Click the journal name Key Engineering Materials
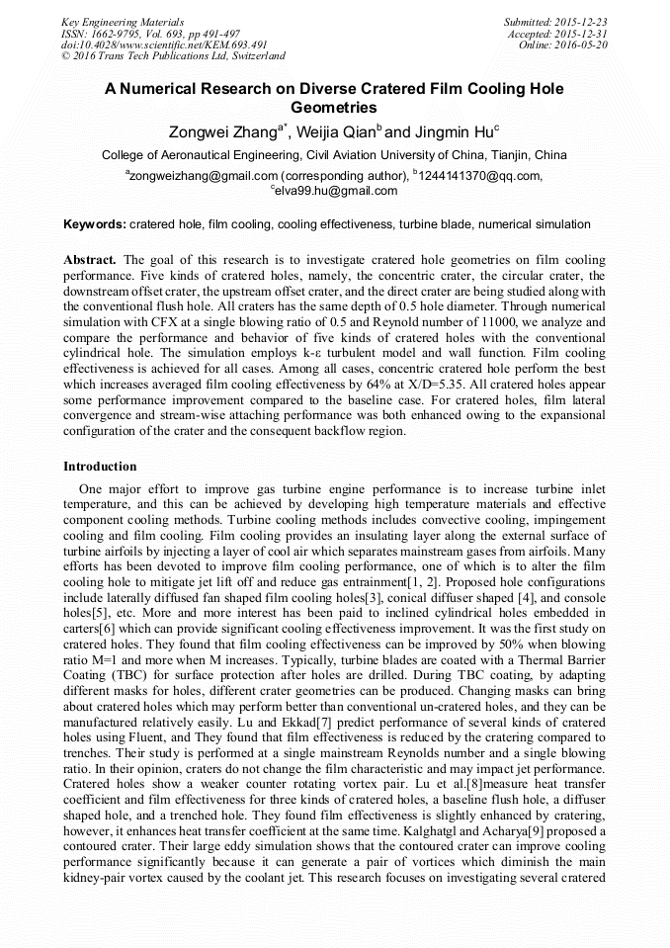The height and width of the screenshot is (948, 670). click(x=123, y=21)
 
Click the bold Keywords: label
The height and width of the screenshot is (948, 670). click(x=95, y=224)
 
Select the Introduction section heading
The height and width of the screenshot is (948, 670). click(x=100, y=466)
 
